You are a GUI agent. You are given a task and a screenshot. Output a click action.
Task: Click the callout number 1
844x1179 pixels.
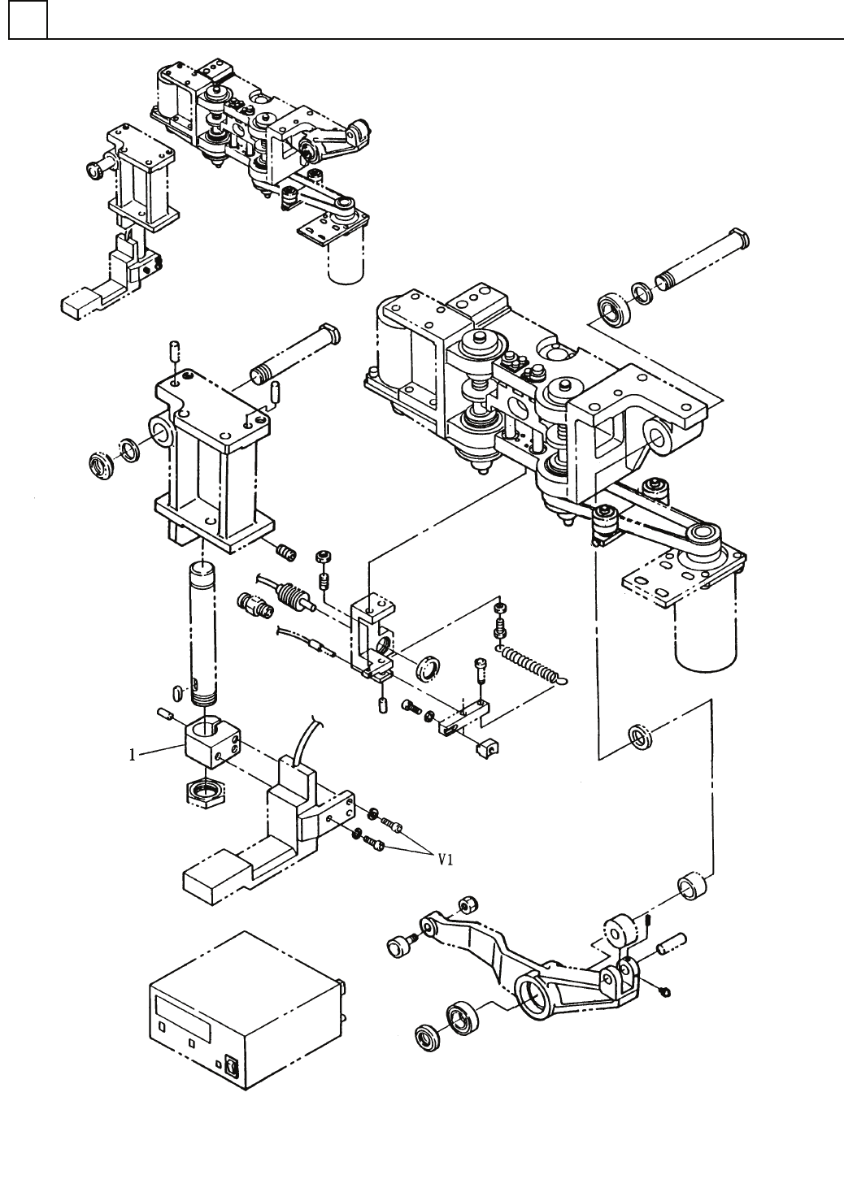133,755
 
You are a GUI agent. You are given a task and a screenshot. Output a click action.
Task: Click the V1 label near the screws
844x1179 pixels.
446,860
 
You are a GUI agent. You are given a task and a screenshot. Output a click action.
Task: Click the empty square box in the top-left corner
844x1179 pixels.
28,20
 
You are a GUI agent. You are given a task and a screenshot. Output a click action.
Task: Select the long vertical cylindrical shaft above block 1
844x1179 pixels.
203,634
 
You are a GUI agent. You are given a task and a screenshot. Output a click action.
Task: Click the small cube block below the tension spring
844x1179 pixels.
487,748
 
